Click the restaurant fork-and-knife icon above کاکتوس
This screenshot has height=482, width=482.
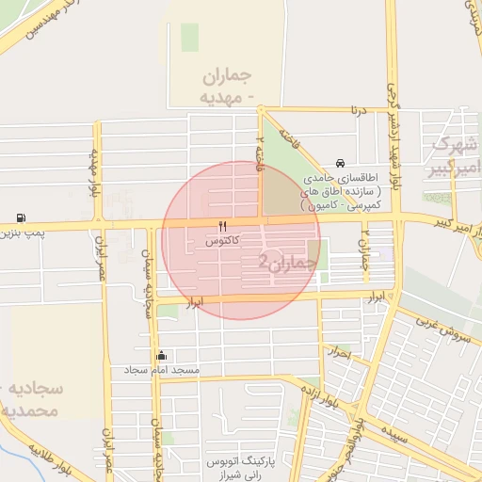coord(222,226)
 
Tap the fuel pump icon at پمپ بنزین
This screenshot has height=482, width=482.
coord(21,217)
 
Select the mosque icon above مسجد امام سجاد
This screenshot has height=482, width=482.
coord(162,356)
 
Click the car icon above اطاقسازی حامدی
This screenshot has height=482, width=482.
coord(339,163)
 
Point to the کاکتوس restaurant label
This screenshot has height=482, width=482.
coord(222,241)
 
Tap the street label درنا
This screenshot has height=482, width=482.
coord(357,110)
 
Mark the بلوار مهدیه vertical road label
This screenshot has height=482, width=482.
coord(94,169)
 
